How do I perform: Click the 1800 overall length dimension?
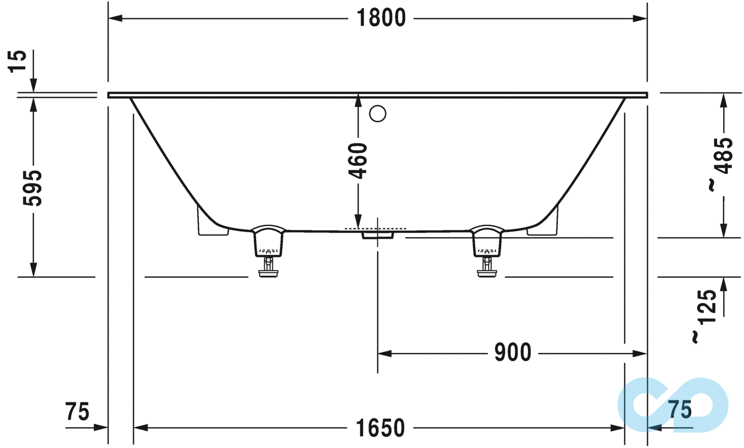click(x=381, y=18)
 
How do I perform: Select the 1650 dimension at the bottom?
click(x=380, y=428)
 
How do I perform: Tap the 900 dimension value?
click(x=512, y=353)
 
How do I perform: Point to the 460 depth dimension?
click(x=359, y=161)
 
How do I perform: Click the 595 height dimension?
click(x=33, y=188)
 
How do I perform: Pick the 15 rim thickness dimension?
click(x=18, y=62)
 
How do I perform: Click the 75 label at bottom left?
click(x=77, y=412)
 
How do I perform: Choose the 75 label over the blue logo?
click(x=680, y=409)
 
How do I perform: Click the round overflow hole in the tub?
click(x=377, y=114)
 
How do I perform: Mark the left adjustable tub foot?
click(x=268, y=251)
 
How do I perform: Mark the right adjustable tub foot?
click(x=487, y=251)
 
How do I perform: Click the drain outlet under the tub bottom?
click(x=377, y=235)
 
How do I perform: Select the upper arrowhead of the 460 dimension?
click(x=358, y=101)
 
